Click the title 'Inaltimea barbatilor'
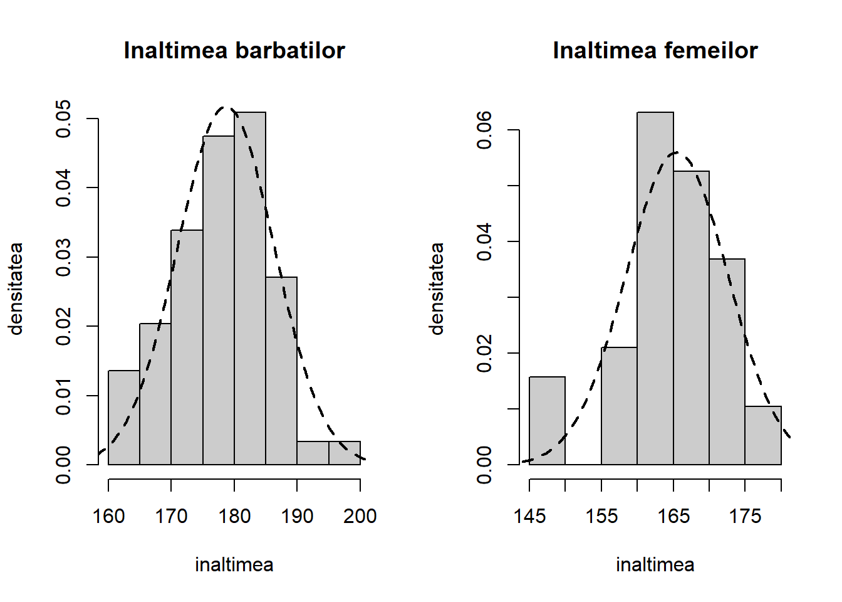pyautogui.click(x=234, y=51)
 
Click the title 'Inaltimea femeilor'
pyautogui.click(x=655, y=51)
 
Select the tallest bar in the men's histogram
pyautogui.click(x=250, y=288)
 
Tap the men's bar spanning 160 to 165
pyautogui.click(x=124, y=418)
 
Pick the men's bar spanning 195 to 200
pyautogui.click(x=345, y=453)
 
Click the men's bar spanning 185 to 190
pyautogui.click(x=281, y=371)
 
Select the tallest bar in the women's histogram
pyautogui.click(x=655, y=288)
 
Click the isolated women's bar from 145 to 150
pyautogui.click(x=547, y=421)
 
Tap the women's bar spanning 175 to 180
pyautogui.click(x=763, y=435)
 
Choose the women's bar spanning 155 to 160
pyautogui.click(x=619, y=406)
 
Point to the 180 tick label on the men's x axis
pyautogui.click(x=234, y=516)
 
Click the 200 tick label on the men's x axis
pyautogui.click(x=360, y=516)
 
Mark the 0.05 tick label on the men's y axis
pyautogui.click(x=63, y=119)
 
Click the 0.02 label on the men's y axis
pyautogui.click(x=63, y=326)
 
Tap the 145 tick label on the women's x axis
pyautogui.click(x=529, y=516)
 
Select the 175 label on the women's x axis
pyautogui.click(x=745, y=516)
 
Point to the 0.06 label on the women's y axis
pyautogui.click(x=484, y=130)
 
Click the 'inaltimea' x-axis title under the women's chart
pyautogui.click(x=655, y=565)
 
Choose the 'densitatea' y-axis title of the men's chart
pyautogui.click(x=16, y=288)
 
